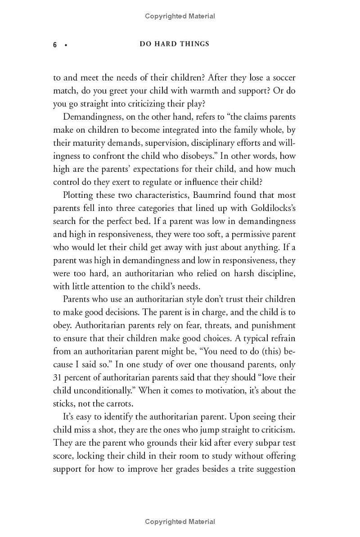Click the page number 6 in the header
click(x=55, y=45)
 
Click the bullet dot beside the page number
click(x=66, y=45)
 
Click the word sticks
click(x=64, y=403)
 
